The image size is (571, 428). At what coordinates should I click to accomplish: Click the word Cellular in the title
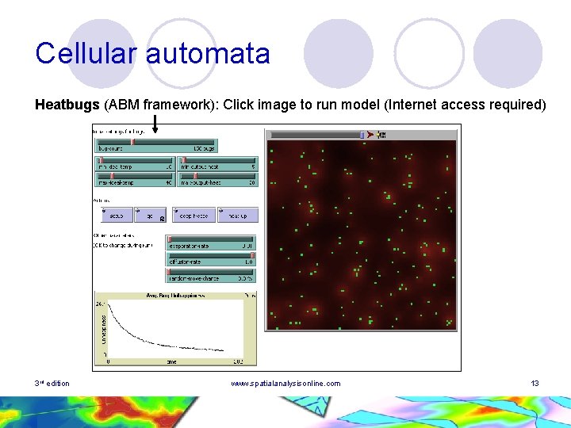(x=86, y=54)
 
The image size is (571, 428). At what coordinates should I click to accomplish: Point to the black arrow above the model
(x=155, y=123)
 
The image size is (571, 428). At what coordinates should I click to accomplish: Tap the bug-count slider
(x=155, y=146)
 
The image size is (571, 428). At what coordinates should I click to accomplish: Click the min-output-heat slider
(x=218, y=164)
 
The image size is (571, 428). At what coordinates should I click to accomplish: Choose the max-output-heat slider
(x=218, y=179)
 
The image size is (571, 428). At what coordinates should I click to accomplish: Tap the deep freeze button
(x=193, y=215)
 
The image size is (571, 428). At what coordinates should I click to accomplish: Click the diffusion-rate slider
(x=210, y=258)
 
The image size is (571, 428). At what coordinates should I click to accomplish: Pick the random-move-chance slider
(x=210, y=275)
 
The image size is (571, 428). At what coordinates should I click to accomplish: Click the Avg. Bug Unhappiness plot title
(x=174, y=295)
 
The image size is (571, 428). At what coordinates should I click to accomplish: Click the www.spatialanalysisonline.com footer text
(x=285, y=384)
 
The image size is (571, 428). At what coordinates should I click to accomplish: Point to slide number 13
(x=535, y=384)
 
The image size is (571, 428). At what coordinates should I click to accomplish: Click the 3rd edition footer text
(x=52, y=384)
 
